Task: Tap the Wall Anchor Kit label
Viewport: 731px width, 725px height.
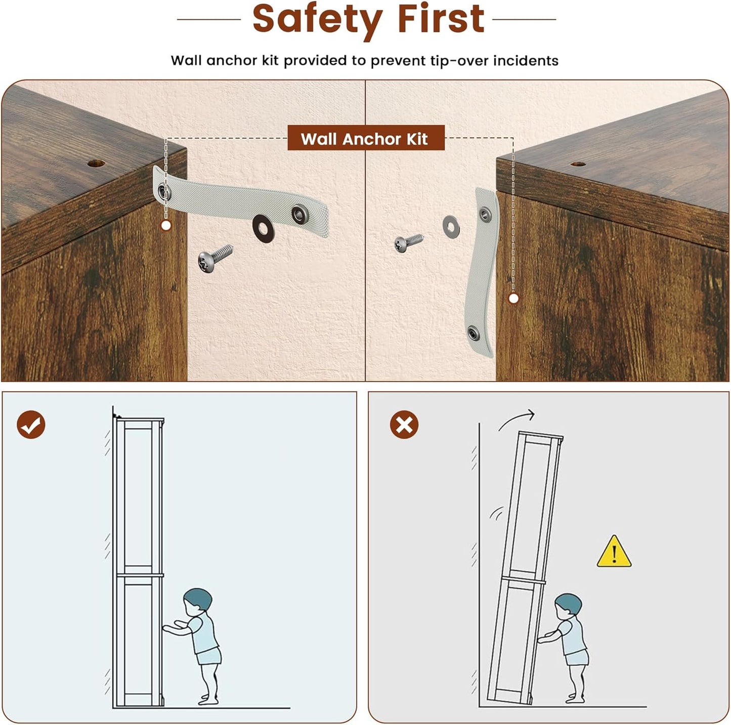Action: pyautogui.click(x=366, y=138)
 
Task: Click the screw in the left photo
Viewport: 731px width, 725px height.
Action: pyautogui.click(x=215, y=258)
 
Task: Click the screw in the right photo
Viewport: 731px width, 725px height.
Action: pyautogui.click(x=408, y=243)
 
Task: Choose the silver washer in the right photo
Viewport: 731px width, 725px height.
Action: pyautogui.click(x=451, y=227)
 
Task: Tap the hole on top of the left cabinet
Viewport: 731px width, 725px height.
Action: pyautogui.click(x=96, y=164)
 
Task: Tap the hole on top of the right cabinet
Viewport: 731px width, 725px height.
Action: pyautogui.click(x=578, y=164)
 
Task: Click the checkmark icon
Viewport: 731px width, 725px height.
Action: pyautogui.click(x=31, y=425)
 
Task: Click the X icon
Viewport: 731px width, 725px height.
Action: pyautogui.click(x=404, y=425)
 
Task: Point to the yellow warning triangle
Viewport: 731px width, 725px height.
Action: pyautogui.click(x=614, y=551)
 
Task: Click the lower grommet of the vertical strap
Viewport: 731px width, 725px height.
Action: pyautogui.click(x=473, y=334)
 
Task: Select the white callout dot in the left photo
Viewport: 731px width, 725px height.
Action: pyautogui.click(x=166, y=226)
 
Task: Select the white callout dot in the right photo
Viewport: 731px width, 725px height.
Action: pyautogui.click(x=513, y=299)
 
